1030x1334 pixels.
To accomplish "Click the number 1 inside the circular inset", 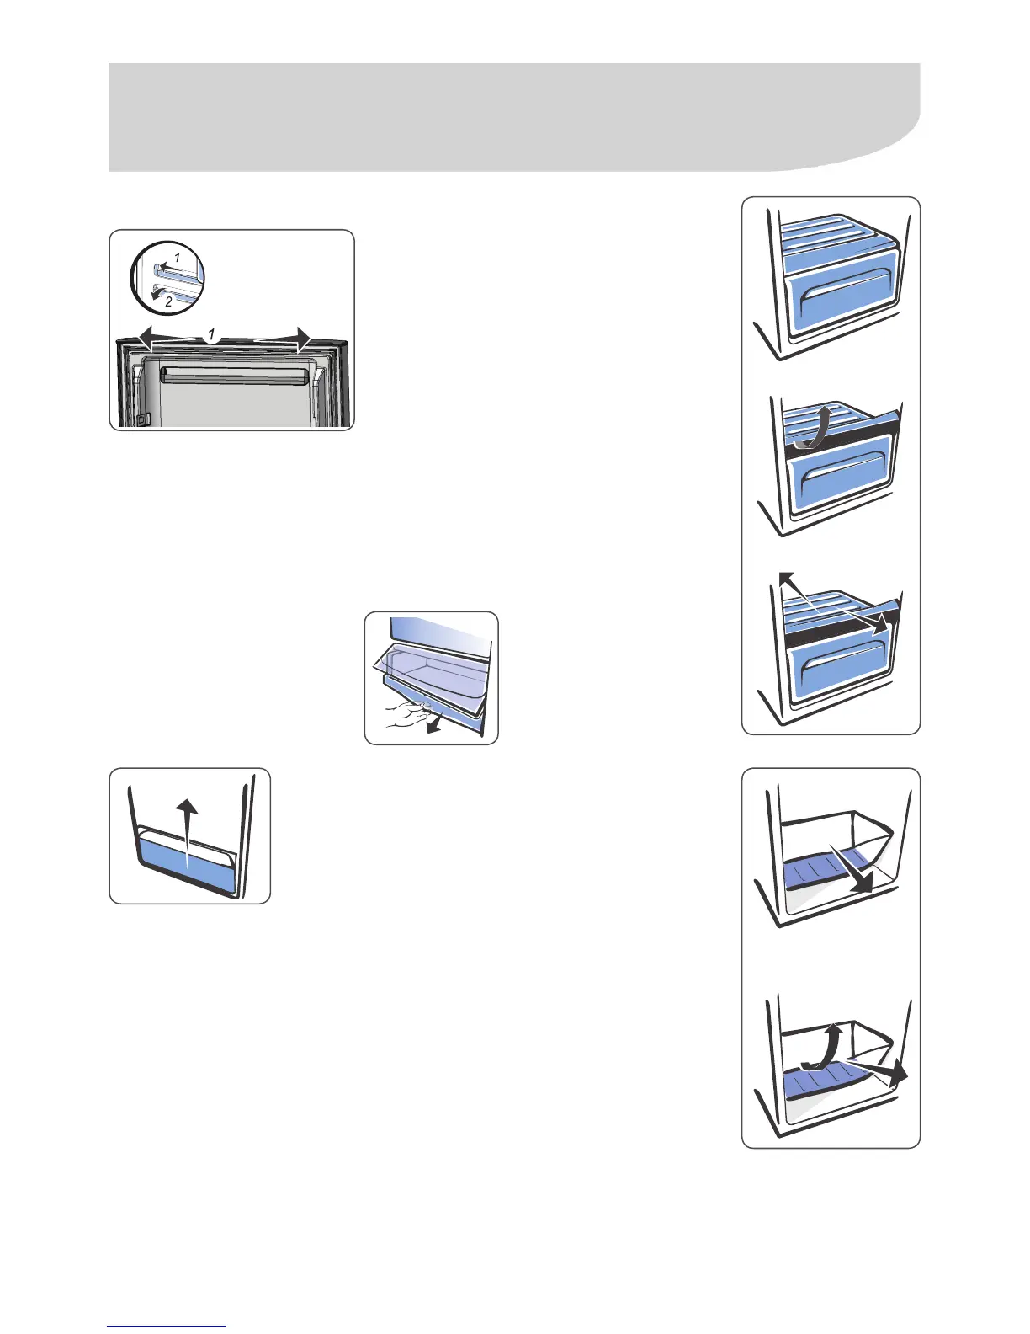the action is pyautogui.click(x=177, y=256).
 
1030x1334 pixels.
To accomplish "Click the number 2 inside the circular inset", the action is pyautogui.click(x=168, y=301).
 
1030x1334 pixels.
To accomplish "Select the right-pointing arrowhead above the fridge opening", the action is pyautogui.click(x=301, y=339).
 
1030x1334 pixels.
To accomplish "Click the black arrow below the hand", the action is pyautogui.click(x=432, y=727).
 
